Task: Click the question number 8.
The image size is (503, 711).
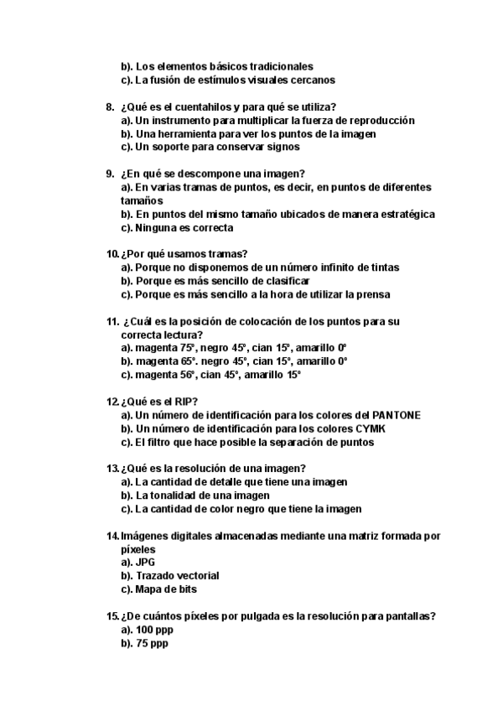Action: tap(110, 106)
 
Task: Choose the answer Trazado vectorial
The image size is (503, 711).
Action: tap(177, 576)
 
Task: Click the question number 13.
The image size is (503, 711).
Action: tap(111, 468)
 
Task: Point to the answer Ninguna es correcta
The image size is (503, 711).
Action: tap(184, 227)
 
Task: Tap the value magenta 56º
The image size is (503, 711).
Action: tap(165, 375)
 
